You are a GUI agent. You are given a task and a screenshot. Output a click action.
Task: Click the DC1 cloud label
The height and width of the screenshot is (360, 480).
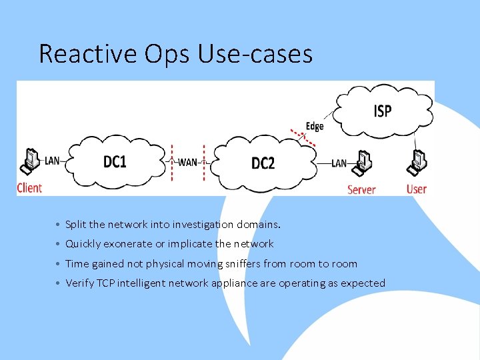[x=115, y=162]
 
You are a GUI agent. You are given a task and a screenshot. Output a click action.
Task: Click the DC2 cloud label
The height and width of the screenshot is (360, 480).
[x=263, y=163]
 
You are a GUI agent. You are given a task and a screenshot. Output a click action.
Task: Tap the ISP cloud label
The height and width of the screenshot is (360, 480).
[x=382, y=111]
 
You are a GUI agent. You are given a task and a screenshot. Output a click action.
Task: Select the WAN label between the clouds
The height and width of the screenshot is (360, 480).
[x=188, y=163]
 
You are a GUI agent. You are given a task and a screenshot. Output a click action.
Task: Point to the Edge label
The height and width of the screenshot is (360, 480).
[x=315, y=126]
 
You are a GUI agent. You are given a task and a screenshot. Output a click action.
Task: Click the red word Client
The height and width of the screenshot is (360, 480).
[x=29, y=187]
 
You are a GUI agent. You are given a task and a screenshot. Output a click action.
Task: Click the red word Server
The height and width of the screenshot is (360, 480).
[x=361, y=189]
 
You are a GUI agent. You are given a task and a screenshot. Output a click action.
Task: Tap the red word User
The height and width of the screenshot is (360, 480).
[x=417, y=189]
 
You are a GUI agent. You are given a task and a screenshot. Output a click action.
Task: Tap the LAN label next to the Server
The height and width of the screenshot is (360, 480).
[x=339, y=163]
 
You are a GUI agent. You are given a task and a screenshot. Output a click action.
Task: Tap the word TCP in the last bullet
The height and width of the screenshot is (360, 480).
[x=105, y=283]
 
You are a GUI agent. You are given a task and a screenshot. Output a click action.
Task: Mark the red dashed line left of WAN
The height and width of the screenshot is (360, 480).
[x=172, y=163]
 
